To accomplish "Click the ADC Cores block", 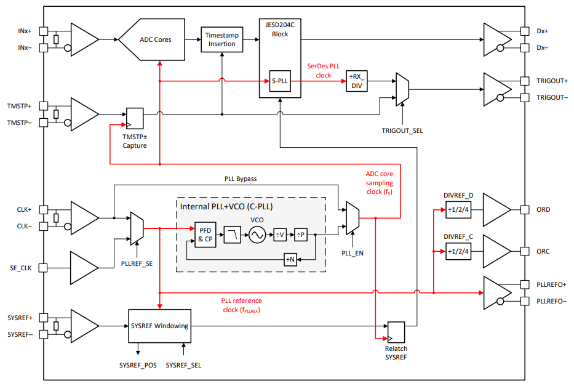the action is pyautogui.click(x=151, y=39).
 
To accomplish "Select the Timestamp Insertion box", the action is pyautogui.click(x=222, y=39).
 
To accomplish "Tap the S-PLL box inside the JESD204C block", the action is pyautogui.click(x=280, y=81).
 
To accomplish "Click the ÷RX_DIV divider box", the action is pyautogui.click(x=357, y=81).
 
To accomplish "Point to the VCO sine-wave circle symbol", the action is pyautogui.click(x=257, y=235).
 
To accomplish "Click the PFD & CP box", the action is pyautogui.click(x=205, y=235).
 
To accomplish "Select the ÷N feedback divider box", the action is pyautogui.click(x=290, y=260).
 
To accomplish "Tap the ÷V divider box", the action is pyautogui.click(x=280, y=235).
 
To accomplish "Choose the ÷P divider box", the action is pyautogui.click(x=301, y=235).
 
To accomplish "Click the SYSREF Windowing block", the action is pyautogui.click(x=159, y=326).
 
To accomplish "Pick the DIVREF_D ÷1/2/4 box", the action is pyautogui.click(x=458, y=210).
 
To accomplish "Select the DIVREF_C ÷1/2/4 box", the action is pyautogui.click(x=458, y=252).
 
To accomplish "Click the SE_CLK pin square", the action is pyautogui.click(x=43, y=268).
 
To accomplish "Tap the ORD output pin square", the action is pyautogui.click(x=525, y=210).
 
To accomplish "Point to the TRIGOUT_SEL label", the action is pyautogui.click(x=402, y=131).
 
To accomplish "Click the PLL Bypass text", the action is pyautogui.click(x=241, y=179).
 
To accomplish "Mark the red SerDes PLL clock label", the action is pyautogui.click(x=323, y=71).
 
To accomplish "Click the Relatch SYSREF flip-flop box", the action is pyautogui.click(x=396, y=332).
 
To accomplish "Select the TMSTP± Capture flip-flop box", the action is pyautogui.click(x=135, y=118).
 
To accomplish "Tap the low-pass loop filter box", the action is pyautogui.click(x=233, y=235).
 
